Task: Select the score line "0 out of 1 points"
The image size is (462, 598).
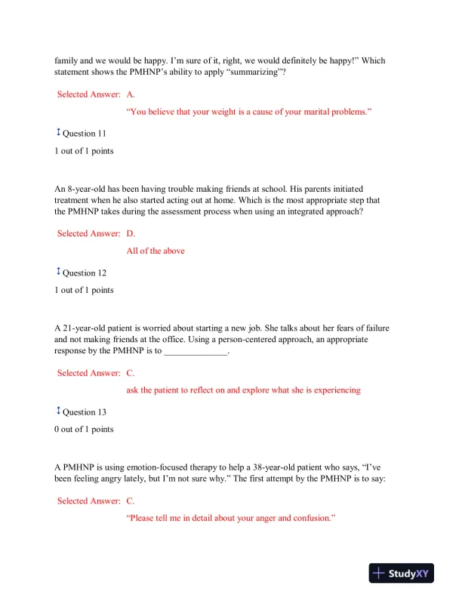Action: [84, 430]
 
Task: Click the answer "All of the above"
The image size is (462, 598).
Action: [156, 251]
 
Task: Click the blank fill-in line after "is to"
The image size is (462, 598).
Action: [196, 353]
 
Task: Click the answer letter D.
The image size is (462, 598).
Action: [131, 233]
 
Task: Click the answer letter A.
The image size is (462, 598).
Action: [131, 94]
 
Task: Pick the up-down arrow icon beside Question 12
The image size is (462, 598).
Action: [58, 273]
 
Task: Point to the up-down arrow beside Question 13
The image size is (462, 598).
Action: [58, 412]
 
